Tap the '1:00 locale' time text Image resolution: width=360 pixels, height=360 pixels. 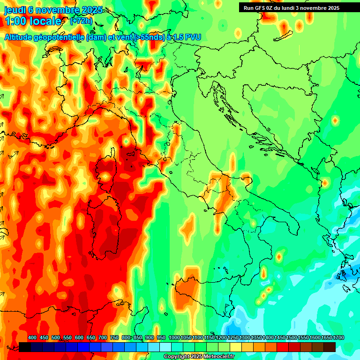click(33, 21)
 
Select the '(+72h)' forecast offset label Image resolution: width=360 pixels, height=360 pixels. click(81, 21)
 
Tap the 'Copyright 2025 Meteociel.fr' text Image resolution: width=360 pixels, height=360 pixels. click(199, 357)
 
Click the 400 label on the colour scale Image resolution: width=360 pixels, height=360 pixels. click(32, 338)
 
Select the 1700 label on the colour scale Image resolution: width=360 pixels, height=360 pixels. click(326, 338)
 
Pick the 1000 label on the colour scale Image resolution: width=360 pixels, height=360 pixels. click(174, 338)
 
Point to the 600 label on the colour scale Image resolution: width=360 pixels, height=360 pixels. click(79, 338)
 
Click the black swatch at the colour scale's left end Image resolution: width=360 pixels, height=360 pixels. click(25, 347)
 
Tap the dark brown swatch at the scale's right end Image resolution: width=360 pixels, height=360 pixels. click(330, 347)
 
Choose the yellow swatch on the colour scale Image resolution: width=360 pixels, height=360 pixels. click(236, 347)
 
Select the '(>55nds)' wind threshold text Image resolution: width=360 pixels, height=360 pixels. click(149, 37)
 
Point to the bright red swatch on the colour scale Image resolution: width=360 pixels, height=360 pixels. click(283, 347)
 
